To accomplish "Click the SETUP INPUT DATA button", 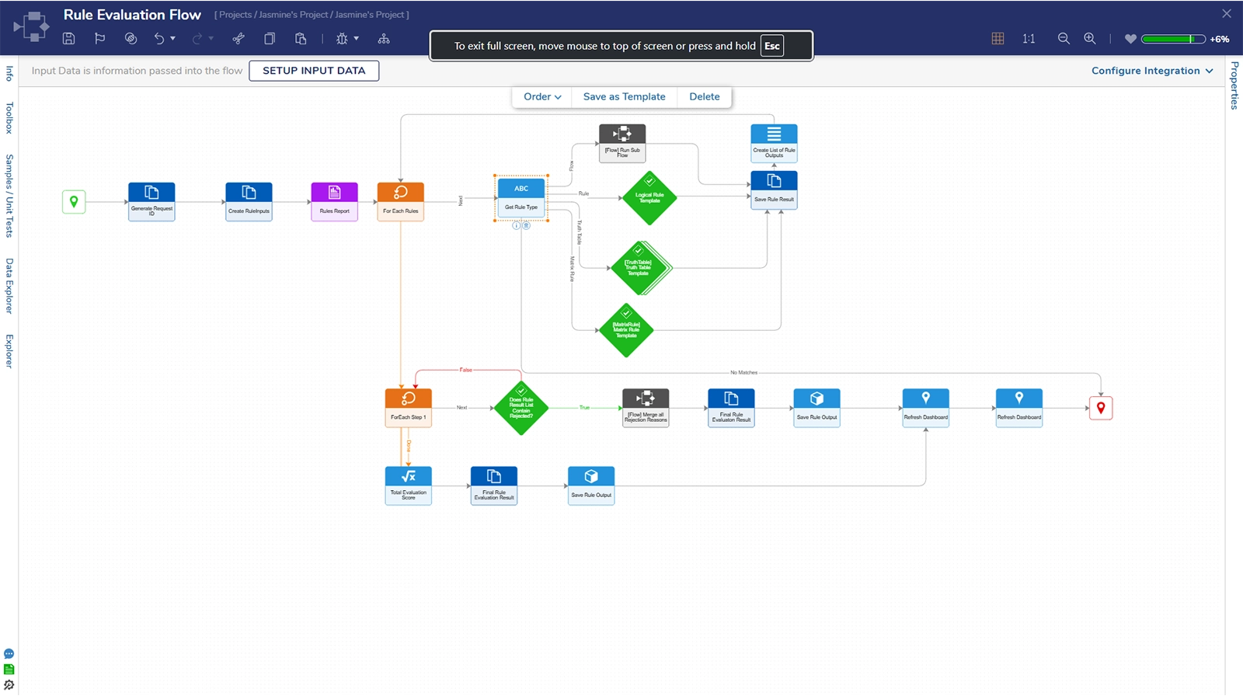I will point(314,71).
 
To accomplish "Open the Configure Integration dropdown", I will point(1151,71).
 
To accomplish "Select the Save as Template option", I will point(624,97).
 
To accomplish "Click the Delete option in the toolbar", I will point(704,97).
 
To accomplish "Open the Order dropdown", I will point(541,97).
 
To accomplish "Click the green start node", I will point(74,202).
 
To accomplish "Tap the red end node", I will point(1100,408).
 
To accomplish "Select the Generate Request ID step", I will point(151,201).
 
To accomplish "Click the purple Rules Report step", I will point(334,201).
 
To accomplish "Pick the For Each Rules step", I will point(400,201).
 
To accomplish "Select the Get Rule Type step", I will point(521,197).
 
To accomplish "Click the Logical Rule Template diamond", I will point(649,198).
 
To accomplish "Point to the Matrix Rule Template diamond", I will point(626,330).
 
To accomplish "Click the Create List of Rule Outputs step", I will point(774,143).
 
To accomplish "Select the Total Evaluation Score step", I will point(408,485).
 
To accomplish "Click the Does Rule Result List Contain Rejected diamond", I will point(521,408).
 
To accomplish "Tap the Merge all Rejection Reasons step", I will point(646,408).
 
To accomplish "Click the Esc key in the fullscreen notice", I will point(771,46).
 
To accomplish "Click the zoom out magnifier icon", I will point(1064,39).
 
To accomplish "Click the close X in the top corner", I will point(1227,14).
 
